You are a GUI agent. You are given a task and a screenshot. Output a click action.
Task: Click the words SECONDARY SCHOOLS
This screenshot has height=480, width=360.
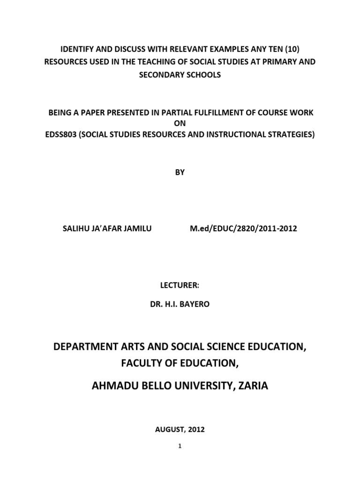pos(180,75)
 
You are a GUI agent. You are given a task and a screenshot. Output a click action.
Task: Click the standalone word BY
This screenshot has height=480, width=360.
pos(180,172)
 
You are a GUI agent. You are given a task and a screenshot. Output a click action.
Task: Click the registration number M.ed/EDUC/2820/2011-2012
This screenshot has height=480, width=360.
pos(243,229)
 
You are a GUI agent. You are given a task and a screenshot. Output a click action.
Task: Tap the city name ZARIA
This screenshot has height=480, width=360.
pos(252,387)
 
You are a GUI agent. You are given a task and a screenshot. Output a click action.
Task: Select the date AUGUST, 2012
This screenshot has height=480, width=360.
pos(180,429)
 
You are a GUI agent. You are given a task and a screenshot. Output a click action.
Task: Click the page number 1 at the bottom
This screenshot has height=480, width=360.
pos(180,446)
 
